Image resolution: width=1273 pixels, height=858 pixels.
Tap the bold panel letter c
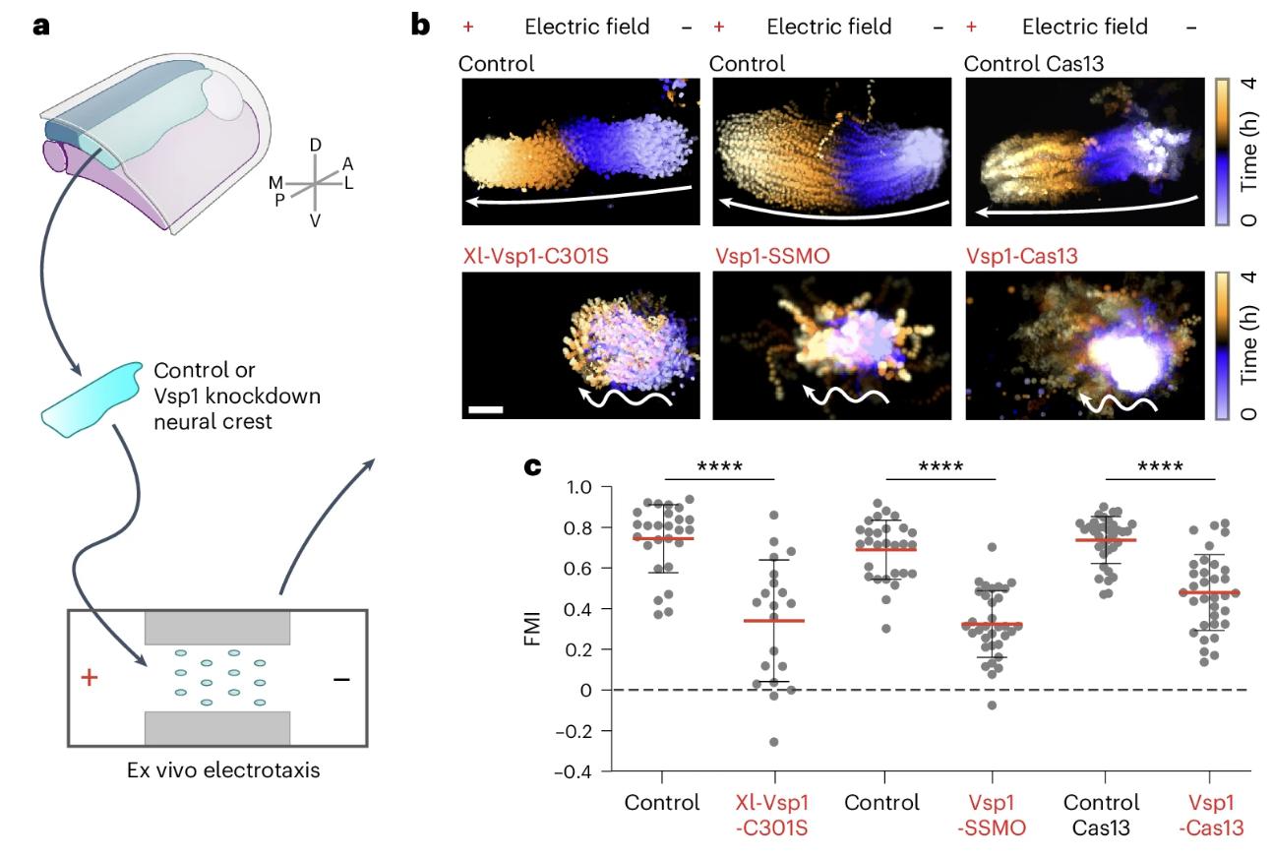532,466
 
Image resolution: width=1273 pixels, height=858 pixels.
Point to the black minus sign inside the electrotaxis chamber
340,680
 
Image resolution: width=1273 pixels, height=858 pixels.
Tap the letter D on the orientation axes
315,146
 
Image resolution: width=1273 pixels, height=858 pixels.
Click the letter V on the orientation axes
315,220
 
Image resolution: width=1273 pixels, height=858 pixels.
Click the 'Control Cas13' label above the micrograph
1028,64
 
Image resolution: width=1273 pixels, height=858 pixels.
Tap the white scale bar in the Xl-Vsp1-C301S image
486,408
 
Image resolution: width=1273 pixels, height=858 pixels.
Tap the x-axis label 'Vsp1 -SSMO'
992,815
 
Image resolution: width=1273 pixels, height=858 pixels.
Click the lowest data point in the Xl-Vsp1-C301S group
773,742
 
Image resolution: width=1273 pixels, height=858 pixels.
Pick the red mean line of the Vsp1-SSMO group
992,624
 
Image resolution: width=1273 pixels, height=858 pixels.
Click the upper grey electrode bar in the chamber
217,628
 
